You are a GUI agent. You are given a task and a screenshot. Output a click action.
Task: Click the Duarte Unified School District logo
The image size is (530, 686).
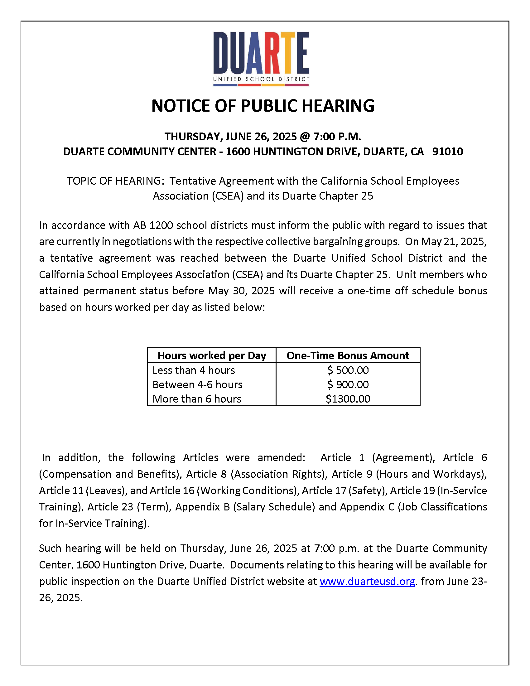[261, 59]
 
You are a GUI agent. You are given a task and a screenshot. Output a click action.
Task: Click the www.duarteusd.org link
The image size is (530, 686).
[367, 582]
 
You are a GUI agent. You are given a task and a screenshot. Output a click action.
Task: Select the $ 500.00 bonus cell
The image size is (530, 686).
[348, 370]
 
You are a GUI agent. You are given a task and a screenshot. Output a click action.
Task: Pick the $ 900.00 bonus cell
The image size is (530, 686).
[348, 384]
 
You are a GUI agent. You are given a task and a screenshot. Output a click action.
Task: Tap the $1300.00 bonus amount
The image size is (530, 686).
[348, 399]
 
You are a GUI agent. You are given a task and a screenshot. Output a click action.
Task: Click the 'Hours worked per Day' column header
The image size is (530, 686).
[212, 355]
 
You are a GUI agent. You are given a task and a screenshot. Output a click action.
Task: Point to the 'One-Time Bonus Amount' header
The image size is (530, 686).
[348, 355]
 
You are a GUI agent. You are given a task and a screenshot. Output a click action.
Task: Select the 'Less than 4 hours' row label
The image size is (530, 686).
[194, 370]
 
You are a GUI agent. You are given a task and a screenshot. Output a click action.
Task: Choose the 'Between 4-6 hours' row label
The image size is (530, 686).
[197, 384]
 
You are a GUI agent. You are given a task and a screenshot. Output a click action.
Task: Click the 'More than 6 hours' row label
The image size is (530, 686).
[197, 399]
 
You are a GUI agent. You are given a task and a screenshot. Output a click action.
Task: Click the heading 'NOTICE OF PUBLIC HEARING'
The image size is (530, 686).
[263, 105]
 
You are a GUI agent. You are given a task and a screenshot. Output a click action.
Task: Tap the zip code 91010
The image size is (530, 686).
[447, 152]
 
